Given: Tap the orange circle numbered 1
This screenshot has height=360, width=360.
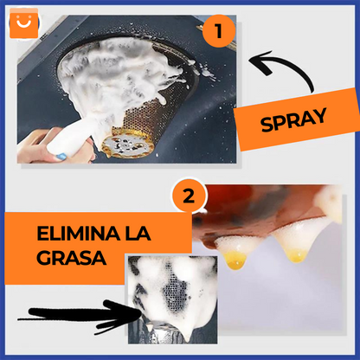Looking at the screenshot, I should tap(219, 31).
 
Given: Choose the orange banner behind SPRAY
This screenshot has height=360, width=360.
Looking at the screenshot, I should tap(298, 121).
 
